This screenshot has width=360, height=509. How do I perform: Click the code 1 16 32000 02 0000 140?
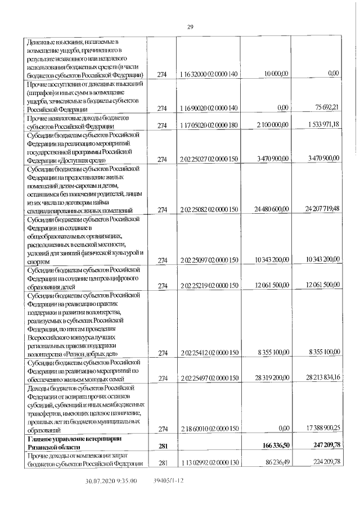(x=209, y=74)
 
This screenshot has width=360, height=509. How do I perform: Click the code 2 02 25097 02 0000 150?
(x=209, y=260)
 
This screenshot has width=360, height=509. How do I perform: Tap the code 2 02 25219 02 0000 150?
(x=209, y=286)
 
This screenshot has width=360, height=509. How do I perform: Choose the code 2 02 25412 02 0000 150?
(x=209, y=352)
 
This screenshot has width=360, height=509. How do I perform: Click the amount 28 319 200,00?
(x=271, y=378)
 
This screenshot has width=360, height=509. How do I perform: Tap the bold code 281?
(x=163, y=445)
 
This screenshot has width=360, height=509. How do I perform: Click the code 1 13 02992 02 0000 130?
(x=209, y=462)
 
